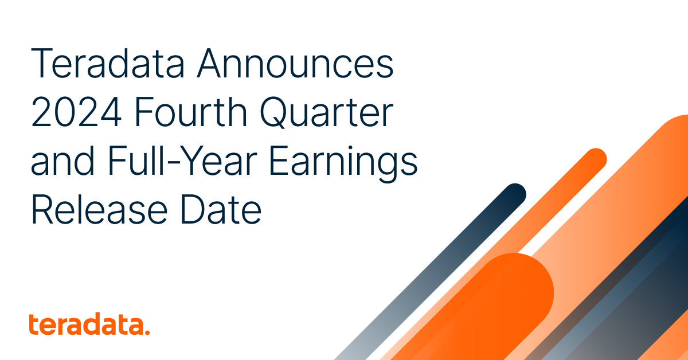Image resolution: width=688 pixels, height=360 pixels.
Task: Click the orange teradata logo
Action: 89,325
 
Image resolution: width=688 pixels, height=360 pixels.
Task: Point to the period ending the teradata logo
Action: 147,332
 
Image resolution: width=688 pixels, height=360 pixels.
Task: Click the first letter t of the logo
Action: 33,324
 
